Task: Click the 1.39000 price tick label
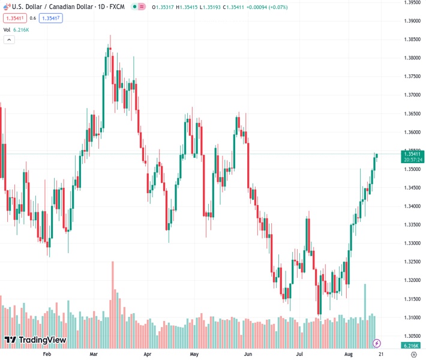click(x=411, y=21)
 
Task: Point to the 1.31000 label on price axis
click(x=411, y=317)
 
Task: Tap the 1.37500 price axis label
click(x=411, y=76)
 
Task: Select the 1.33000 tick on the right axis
click(x=411, y=243)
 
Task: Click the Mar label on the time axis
click(x=94, y=355)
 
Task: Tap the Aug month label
click(x=349, y=355)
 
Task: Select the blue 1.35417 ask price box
click(x=50, y=18)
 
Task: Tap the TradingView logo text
click(x=42, y=340)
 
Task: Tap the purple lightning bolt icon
click(x=377, y=343)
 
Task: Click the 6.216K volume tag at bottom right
click(x=412, y=346)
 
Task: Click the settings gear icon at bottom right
click(x=413, y=355)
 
